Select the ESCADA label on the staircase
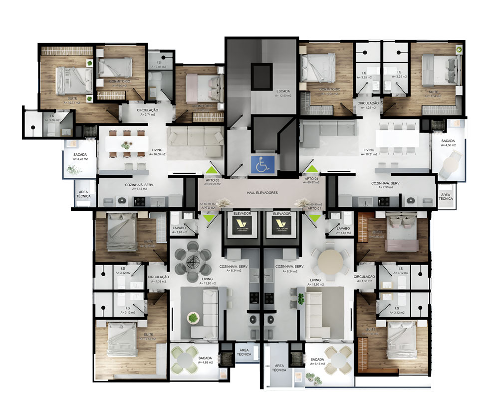coord(283,93)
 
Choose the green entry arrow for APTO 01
coord(315,218)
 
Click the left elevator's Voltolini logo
coord(242,224)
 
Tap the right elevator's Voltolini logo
coord(281,224)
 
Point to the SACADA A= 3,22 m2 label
coord(80,157)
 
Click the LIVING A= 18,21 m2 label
coord(369,152)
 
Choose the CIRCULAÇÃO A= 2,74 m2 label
coord(148,112)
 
